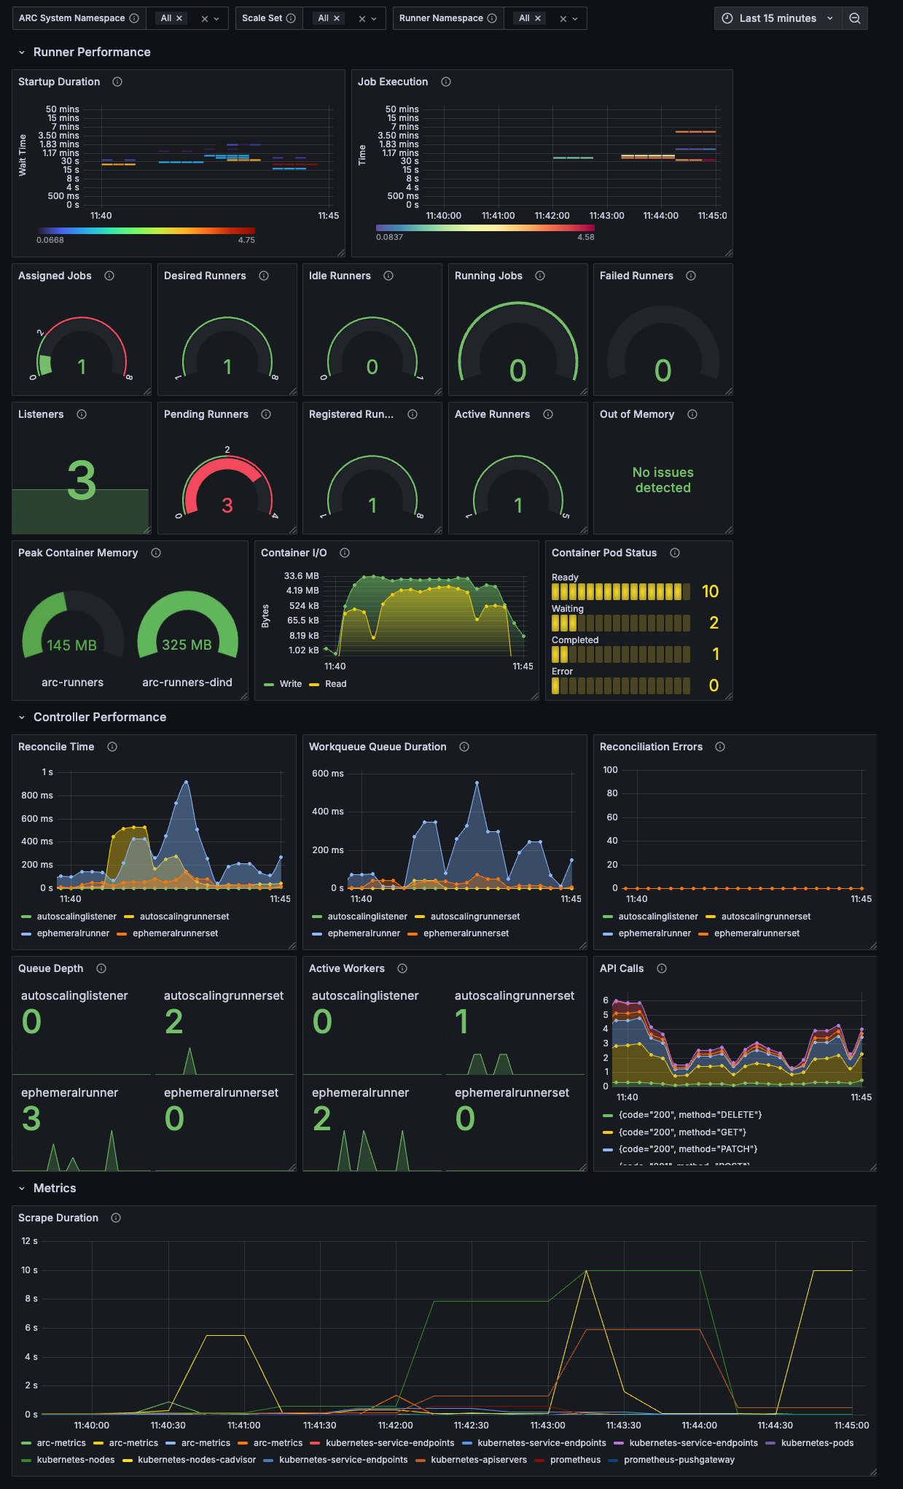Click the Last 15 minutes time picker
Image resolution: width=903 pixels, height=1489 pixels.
pyautogui.click(x=777, y=18)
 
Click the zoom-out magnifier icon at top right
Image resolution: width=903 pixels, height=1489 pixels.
pyautogui.click(x=855, y=18)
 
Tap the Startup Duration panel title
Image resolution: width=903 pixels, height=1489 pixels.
pyautogui.click(x=59, y=82)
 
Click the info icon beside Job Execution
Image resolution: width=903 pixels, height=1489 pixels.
pyautogui.click(x=446, y=82)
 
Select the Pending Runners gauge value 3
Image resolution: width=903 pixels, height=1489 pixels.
pyautogui.click(x=227, y=505)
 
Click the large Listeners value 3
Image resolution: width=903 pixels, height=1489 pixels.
pyautogui.click(x=81, y=481)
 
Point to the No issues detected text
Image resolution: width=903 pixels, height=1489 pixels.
pyautogui.click(x=662, y=480)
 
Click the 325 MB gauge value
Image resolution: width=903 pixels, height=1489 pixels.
pyautogui.click(x=187, y=645)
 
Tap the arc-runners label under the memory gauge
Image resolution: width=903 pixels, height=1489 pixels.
pyautogui.click(x=72, y=683)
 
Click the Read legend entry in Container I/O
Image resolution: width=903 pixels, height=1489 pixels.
pyautogui.click(x=335, y=684)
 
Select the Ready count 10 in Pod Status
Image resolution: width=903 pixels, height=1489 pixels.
pyautogui.click(x=710, y=591)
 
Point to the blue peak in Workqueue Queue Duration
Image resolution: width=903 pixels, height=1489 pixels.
pyautogui.click(x=477, y=783)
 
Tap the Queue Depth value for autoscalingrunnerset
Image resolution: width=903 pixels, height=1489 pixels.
pyautogui.click(x=174, y=1022)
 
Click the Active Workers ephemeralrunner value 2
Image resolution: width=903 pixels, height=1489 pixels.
pyautogui.click(x=321, y=1119)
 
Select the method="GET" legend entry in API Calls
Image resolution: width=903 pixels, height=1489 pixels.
pyautogui.click(x=682, y=1132)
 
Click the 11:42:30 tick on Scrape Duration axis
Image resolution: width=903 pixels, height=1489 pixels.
pyautogui.click(x=471, y=1425)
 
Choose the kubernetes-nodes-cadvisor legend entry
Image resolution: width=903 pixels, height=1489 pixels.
pyautogui.click(x=197, y=1460)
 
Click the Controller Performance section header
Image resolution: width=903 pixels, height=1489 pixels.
pyautogui.click(x=100, y=717)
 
